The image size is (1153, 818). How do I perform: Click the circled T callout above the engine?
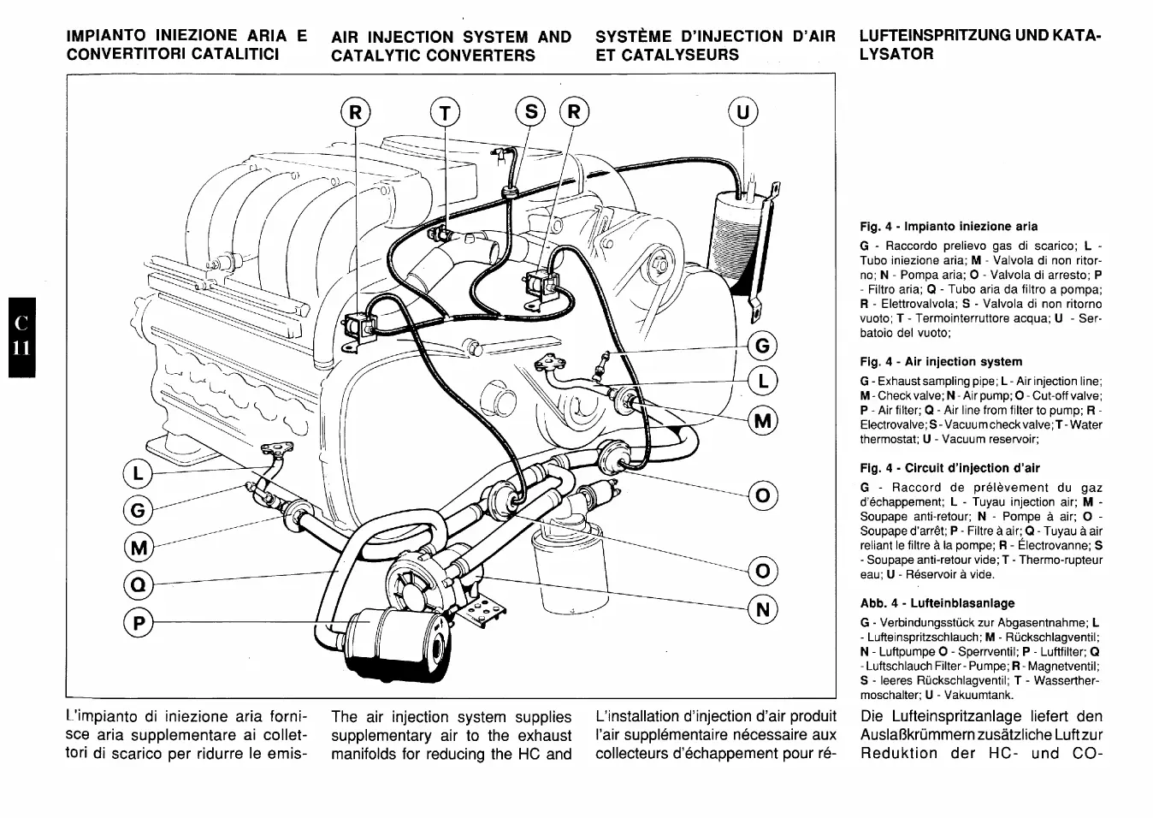[445, 113]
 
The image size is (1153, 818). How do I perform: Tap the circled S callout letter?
[530, 112]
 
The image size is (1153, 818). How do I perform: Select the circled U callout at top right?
[742, 112]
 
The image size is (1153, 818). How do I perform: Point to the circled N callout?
[763, 609]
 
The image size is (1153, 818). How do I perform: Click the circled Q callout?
[137, 585]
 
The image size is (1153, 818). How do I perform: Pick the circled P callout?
[137, 625]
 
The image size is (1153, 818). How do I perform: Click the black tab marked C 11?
[21, 336]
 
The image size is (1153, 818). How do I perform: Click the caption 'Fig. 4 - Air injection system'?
[941, 362]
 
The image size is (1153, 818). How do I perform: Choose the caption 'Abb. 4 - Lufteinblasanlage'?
[937, 603]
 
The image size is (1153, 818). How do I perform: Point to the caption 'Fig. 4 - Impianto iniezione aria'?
[949, 227]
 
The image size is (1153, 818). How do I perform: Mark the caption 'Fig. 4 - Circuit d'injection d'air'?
[949, 468]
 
